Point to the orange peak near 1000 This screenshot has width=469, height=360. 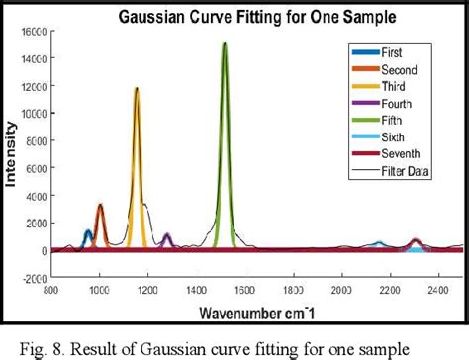point(100,223)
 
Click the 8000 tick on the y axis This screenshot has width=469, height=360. point(34,140)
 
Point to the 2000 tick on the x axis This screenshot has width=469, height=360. point(341,291)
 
